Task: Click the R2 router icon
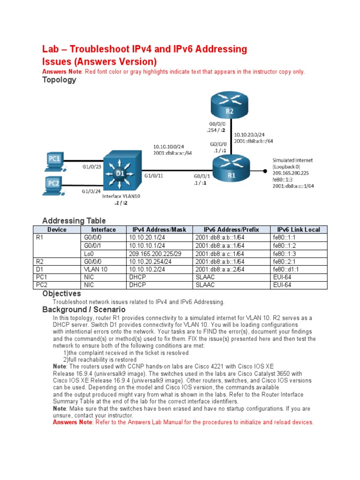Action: pos(229,107)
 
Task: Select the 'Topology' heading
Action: pos(59,80)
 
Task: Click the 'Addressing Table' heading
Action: pos(74,220)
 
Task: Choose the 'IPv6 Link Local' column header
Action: pos(299,230)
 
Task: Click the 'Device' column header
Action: pos(57,230)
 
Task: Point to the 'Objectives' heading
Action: pos(61,293)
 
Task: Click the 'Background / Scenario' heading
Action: pos(84,310)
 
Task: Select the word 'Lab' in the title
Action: pos(51,49)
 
